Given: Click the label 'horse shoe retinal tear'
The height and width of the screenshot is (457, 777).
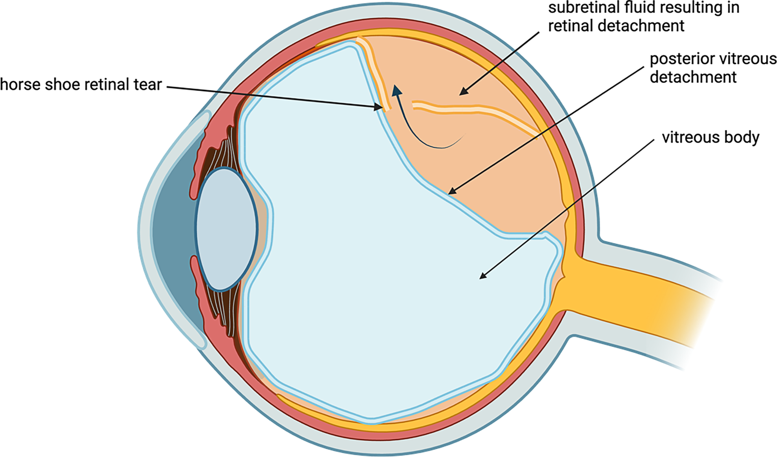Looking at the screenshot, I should (81, 85).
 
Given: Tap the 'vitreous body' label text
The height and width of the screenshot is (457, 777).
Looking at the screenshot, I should (710, 138).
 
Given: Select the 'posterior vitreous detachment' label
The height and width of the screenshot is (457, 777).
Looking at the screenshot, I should (713, 68).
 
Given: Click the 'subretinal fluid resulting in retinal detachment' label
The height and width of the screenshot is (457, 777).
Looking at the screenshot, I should (643, 16).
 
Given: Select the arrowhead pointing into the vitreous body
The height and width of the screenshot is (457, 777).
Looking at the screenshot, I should (482, 276).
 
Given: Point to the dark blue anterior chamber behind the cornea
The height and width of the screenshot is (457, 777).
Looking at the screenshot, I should (173, 230).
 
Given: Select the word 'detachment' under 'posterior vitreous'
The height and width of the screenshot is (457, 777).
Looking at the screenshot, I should (693, 78).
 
